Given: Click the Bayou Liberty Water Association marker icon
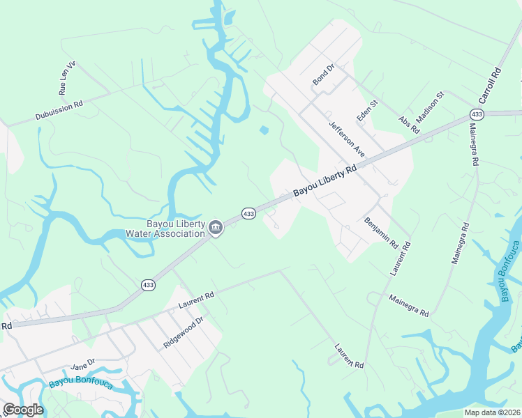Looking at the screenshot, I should pyautogui.click(x=216, y=228).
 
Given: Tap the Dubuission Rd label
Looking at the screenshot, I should pyautogui.click(x=59, y=111).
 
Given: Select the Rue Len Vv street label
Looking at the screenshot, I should pyautogui.click(x=67, y=78).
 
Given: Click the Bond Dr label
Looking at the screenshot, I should pyautogui.click(x=324, y=75).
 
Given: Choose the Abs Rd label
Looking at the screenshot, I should pyautogui.click(x=409, y=125).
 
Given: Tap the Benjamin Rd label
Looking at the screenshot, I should pyautogui.click(x=380, y=233).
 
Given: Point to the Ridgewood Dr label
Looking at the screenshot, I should pyautogui.click(x=183, y=333).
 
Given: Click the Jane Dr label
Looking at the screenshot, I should pyautogui.click(x=82, y=366).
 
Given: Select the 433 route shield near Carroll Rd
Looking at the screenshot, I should pyautogui.click(x=477, y=114).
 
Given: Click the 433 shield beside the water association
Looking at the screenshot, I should pyautogui.click(x=248, y=212).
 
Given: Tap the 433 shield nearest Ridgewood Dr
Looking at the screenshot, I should pyautogui.click(x=148, y=284).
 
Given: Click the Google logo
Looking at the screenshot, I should pyautogui.click(x=23, y=410).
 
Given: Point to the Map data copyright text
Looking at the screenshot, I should pyautogui.click(x=493, y=412).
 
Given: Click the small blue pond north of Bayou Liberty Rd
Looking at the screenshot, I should pyautogui.click(x=264, y=130).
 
